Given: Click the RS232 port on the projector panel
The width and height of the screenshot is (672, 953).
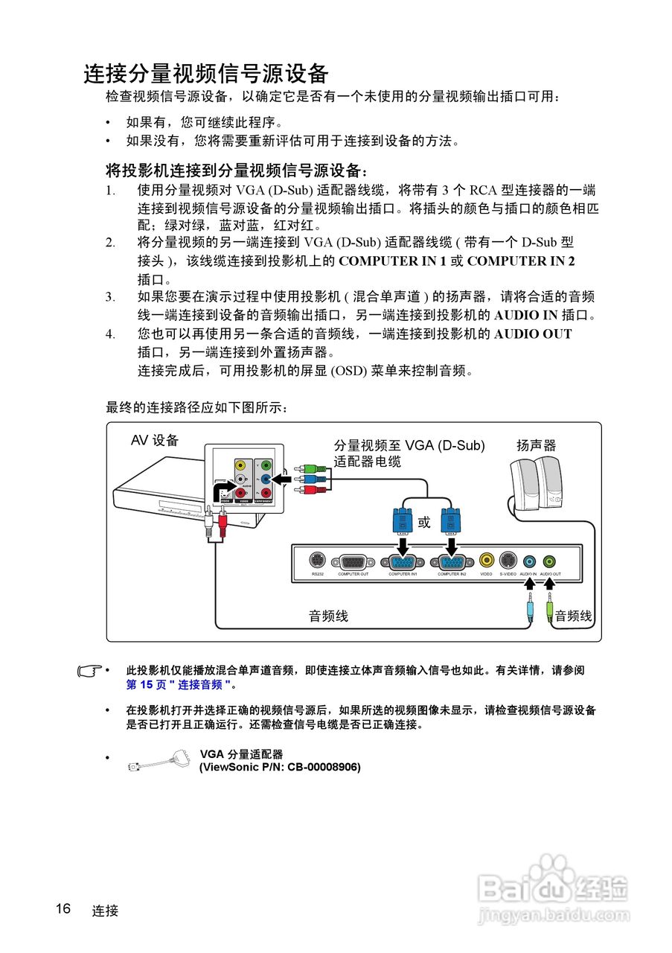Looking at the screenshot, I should [x=317, y=561].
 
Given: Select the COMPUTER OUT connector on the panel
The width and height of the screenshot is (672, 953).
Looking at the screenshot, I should [x=353, y=562].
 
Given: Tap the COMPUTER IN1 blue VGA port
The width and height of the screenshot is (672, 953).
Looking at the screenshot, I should [x=403, y=562].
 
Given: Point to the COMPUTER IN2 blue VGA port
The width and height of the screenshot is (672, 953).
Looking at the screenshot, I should [x=452, y=562].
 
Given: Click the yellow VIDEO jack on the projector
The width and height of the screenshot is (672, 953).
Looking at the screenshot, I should [x=486, y=561].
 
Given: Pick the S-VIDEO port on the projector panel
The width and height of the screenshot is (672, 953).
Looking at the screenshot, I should [x=508, y=561].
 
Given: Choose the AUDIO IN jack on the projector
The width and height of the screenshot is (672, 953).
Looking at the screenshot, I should [x=528, y=561].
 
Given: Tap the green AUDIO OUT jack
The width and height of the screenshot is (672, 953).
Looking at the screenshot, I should [x=549, y=561].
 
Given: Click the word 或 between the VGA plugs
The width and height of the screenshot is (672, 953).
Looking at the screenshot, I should [x=424, y=523].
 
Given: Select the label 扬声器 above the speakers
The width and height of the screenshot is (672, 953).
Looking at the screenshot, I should [x=537, y=446].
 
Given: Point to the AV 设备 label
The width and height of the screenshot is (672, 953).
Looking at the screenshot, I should [x=155, y=440].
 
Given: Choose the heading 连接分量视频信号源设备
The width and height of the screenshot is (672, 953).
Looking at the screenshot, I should [x=206, y=74].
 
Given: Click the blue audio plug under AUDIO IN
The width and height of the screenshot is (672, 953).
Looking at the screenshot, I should [x=529, y=610].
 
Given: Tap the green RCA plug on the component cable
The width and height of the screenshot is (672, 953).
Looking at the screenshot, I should [x=300, y=469].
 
